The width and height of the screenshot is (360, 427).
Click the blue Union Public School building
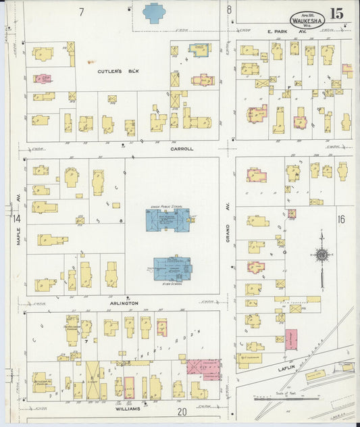(168, 219)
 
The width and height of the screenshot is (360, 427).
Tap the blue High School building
(172, 268)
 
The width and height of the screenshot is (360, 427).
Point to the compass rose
(322, 255)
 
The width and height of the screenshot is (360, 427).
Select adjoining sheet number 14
(16, 218)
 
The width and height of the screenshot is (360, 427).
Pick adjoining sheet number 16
(341, 218)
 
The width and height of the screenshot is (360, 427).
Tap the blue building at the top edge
(155, 12)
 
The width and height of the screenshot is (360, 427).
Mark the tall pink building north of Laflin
(291, 339)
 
